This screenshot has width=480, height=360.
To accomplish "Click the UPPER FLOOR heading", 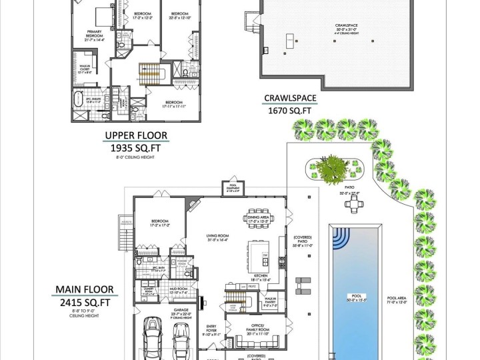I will [x=135, y=137].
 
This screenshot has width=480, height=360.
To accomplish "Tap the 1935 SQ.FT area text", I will [x=135, y=149].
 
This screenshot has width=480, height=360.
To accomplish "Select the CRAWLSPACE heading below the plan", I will [x=290, y=99].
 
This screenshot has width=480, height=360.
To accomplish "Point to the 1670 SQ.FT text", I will [x=290, y=111].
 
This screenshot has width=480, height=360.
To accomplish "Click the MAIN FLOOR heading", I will [x=84, y=290].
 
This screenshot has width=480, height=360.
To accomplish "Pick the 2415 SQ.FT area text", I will [x=84, y=303].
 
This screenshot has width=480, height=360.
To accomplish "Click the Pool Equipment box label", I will [x=233, y=187].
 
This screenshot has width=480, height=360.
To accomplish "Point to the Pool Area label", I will [x=397, y=300].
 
